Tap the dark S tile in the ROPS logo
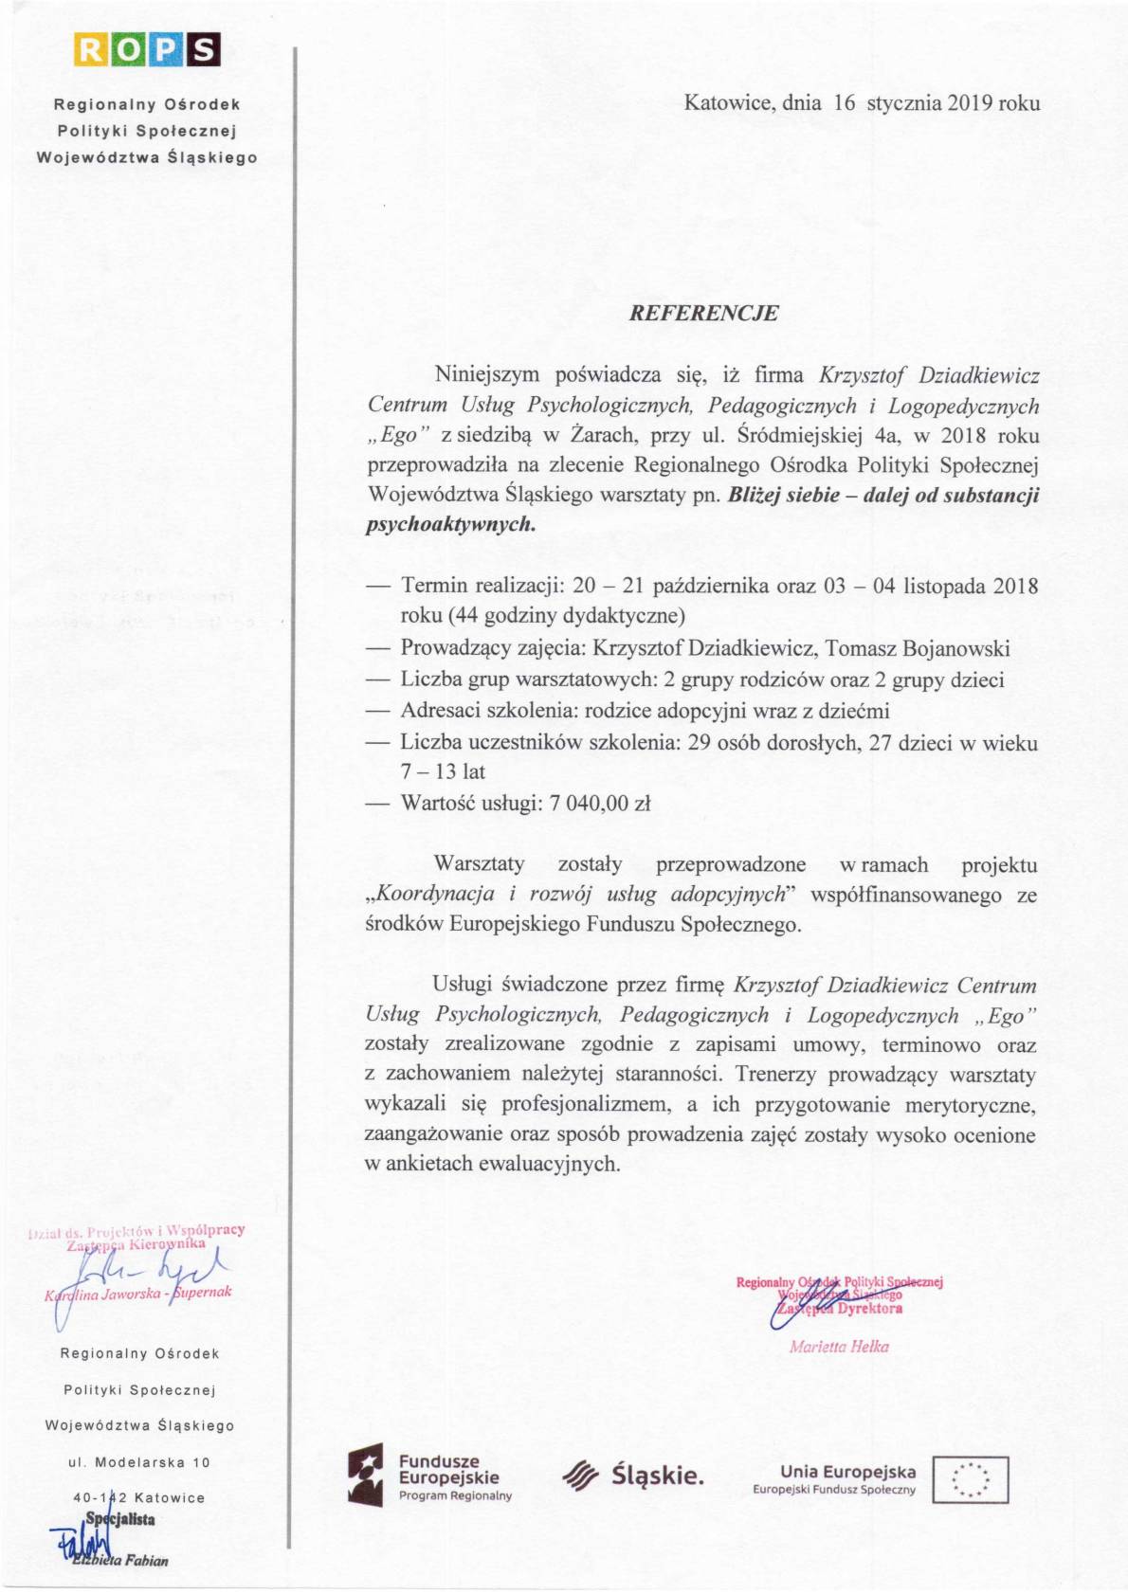204,49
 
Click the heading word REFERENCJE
703,314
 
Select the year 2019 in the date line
968,103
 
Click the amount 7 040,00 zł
600,804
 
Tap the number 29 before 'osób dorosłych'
700,743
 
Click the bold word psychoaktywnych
450,524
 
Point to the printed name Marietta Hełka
839,1347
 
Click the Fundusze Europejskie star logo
365,1476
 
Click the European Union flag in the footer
971,1479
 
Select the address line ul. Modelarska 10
139,1462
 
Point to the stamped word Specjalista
120,1519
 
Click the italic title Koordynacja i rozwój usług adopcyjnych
580,895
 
